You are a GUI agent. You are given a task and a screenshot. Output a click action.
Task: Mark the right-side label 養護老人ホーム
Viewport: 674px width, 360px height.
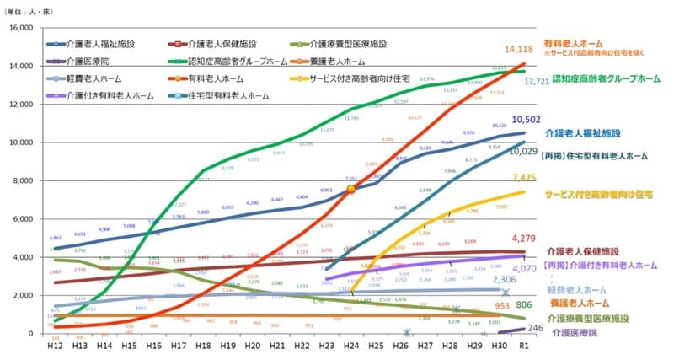pos(580,302)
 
